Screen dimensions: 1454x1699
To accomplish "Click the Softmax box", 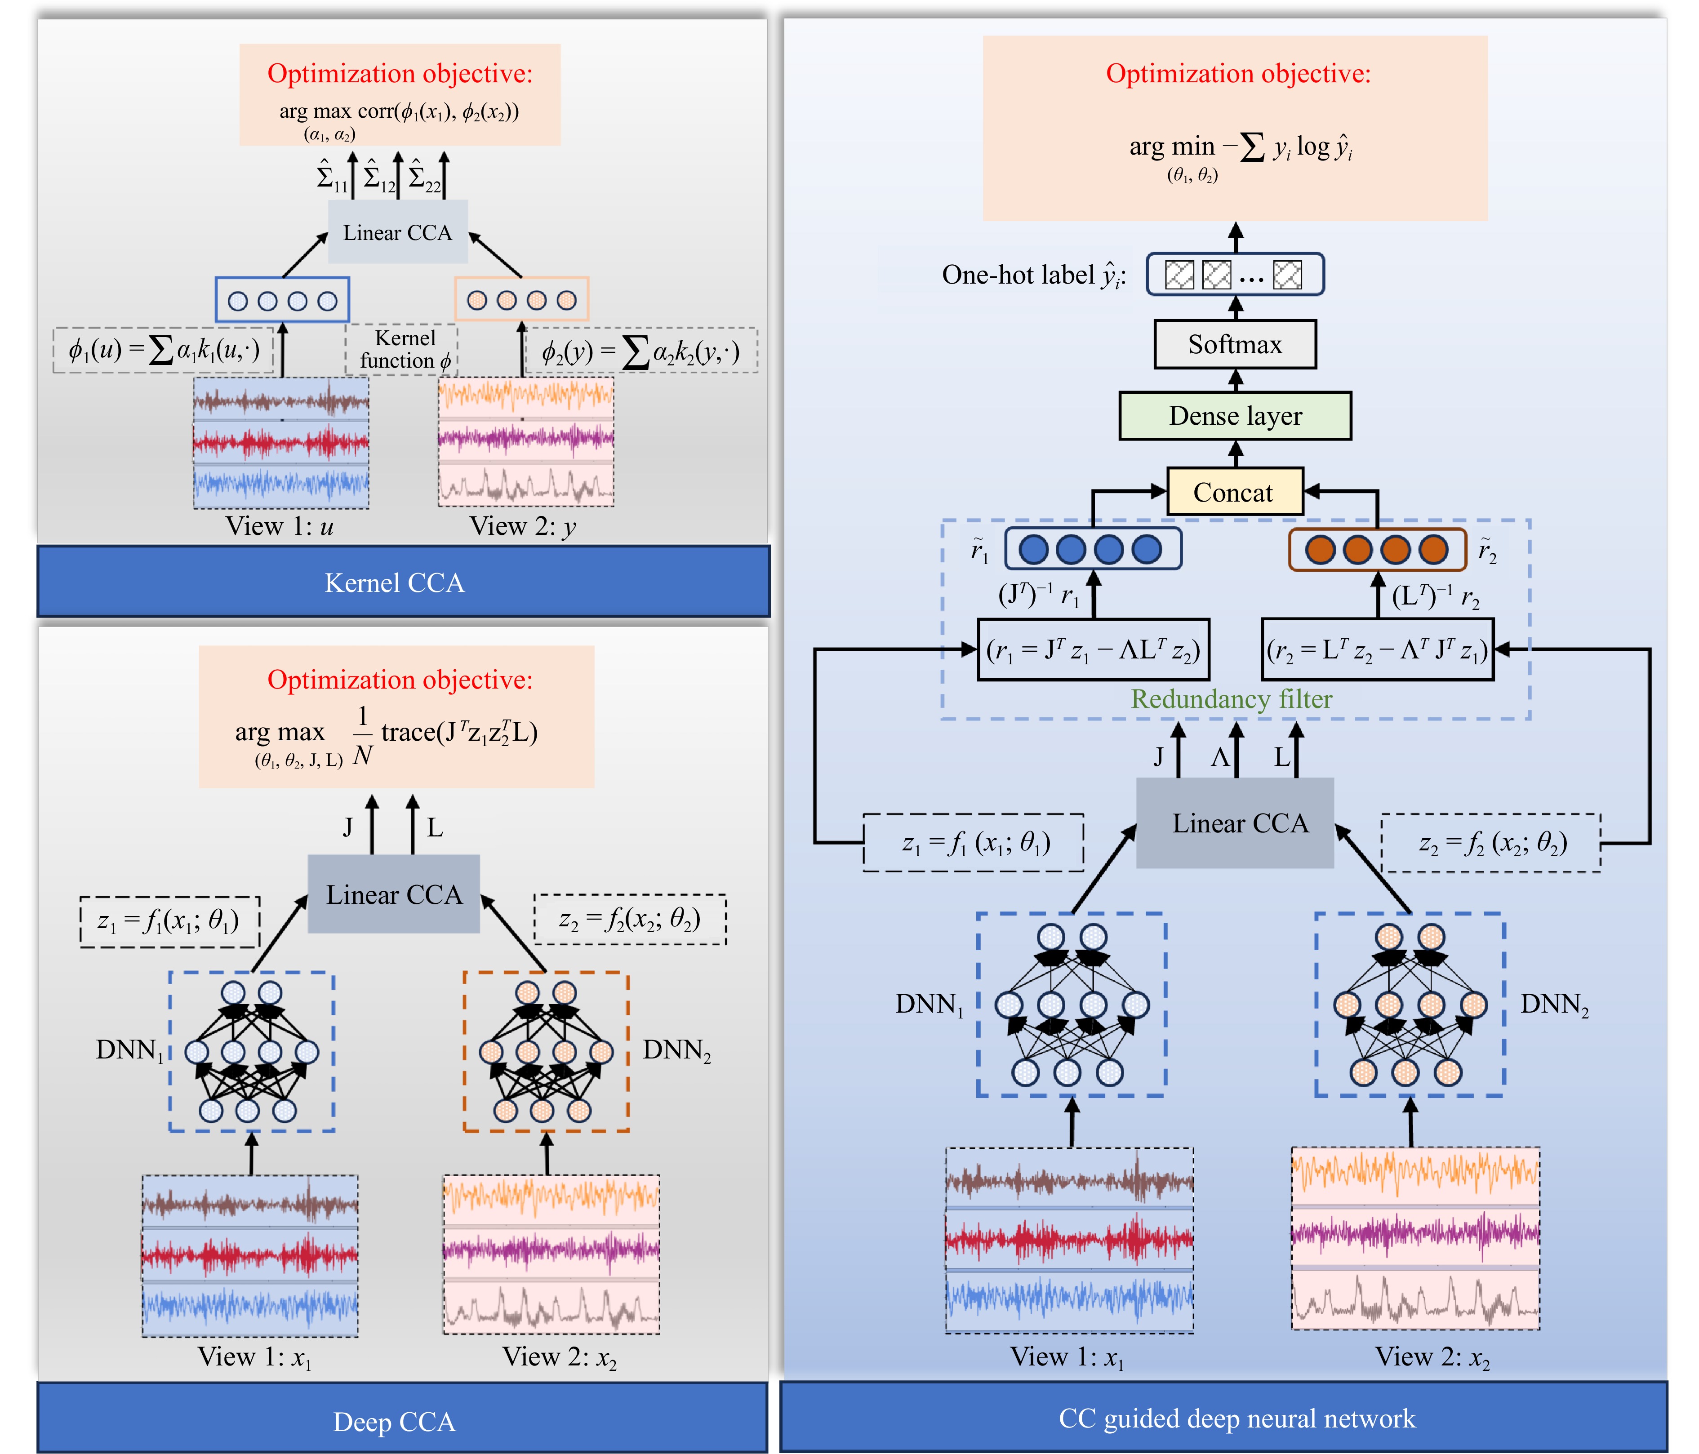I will click(x=1234, y=344).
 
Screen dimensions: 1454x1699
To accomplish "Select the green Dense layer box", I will click(x=1234, y=416).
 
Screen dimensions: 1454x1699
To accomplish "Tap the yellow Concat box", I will click(x=1234, y=492).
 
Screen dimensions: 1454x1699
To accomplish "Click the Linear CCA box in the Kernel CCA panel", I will click(x=398, y=233).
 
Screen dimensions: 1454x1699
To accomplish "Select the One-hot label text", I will click(x=1033, y=275).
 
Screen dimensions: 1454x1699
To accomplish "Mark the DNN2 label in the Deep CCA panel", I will click(x=676, y=1049).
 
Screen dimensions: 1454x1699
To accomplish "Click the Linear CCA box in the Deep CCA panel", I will click(x=394, y=894).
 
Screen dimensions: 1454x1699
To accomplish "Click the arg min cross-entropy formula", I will click(x=1240, y=147).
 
